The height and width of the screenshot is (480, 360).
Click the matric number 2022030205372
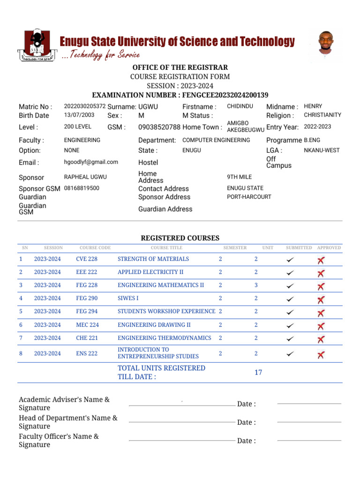point(84,106)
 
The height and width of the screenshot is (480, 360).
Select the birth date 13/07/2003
point(79,115)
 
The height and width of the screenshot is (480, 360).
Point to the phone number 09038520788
point(159,127)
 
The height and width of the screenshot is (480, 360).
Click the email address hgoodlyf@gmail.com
point(91,162)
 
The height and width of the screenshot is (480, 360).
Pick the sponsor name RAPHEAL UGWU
point(85,177)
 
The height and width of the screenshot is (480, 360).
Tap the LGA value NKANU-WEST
point(322,150)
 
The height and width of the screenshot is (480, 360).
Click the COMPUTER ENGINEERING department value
point(216,140)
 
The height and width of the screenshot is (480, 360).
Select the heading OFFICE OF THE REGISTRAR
point(180,67)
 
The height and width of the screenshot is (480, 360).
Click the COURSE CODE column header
point(95,247)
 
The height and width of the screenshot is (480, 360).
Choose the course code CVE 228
point(87,259)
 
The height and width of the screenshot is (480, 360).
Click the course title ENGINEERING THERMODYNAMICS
point(165,338)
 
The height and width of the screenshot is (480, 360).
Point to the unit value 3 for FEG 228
point(256,285)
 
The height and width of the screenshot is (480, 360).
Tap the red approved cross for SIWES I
point(321,300)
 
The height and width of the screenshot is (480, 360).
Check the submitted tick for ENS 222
point(291,354)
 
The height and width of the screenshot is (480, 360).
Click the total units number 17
point(258,373)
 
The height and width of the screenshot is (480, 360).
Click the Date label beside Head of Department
point(247,422)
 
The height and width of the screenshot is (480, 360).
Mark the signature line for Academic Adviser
point(181,405)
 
